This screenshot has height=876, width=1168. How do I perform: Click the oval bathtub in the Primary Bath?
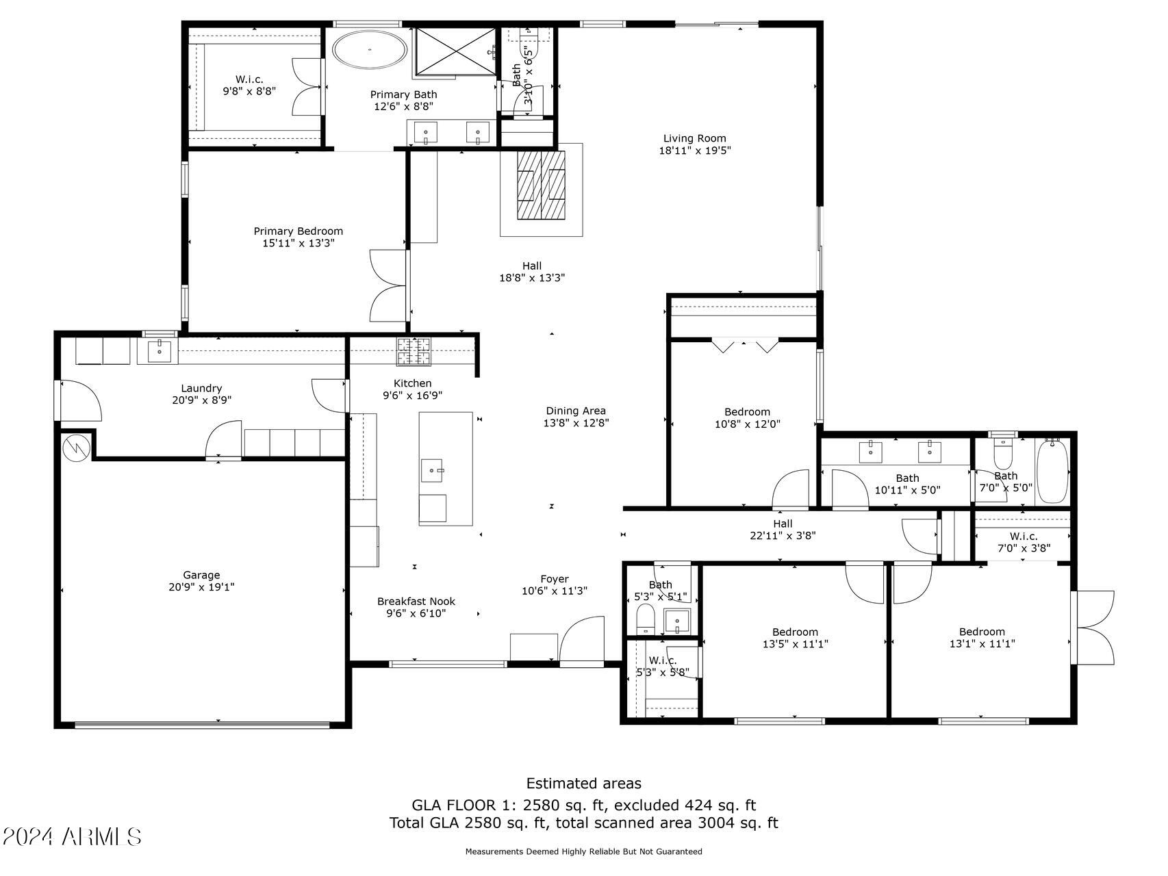pos(370,49)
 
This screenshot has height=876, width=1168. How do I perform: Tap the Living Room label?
pos(694,138)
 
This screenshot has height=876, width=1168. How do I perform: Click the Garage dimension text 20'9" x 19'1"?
pos(201,587)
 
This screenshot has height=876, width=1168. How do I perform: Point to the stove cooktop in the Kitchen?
pos(414,351)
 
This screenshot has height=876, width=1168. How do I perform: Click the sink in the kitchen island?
pos(432,470)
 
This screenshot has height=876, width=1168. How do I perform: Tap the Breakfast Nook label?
pos(416,602)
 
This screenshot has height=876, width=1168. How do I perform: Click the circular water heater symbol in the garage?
pos(75,448)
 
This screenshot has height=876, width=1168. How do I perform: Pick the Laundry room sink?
pos(159,351)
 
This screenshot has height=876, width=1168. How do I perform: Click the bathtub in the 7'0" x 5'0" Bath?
pos(1052,472)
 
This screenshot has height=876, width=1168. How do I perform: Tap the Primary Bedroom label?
pos(298,231)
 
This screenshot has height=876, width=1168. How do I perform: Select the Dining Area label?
pos(575,411)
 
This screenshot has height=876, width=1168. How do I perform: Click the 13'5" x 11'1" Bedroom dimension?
pos(795,644)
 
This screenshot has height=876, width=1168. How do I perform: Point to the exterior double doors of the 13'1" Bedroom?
pos(1094,628)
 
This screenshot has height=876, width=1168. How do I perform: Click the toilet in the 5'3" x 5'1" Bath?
pos(646,618)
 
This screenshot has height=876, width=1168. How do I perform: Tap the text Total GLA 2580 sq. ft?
pos(469,823)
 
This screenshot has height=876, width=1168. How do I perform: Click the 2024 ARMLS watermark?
pos(71,836)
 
